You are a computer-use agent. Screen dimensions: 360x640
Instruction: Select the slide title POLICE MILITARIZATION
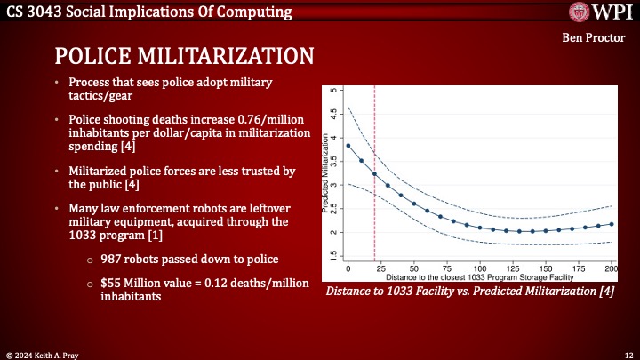click(x=184, y=55)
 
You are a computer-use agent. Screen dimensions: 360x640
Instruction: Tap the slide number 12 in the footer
click(x=626, y=354)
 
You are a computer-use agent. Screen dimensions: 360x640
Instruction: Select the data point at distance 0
click(x=348, y=146)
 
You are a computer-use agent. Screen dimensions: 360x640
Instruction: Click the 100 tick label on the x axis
click(x=480, y=268)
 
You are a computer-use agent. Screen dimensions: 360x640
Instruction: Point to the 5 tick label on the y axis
click(x=332, y=91)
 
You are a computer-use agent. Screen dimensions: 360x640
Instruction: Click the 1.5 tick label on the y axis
click(x=332, y=255)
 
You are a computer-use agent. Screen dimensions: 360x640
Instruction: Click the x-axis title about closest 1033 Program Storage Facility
click(x=480, y=277)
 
